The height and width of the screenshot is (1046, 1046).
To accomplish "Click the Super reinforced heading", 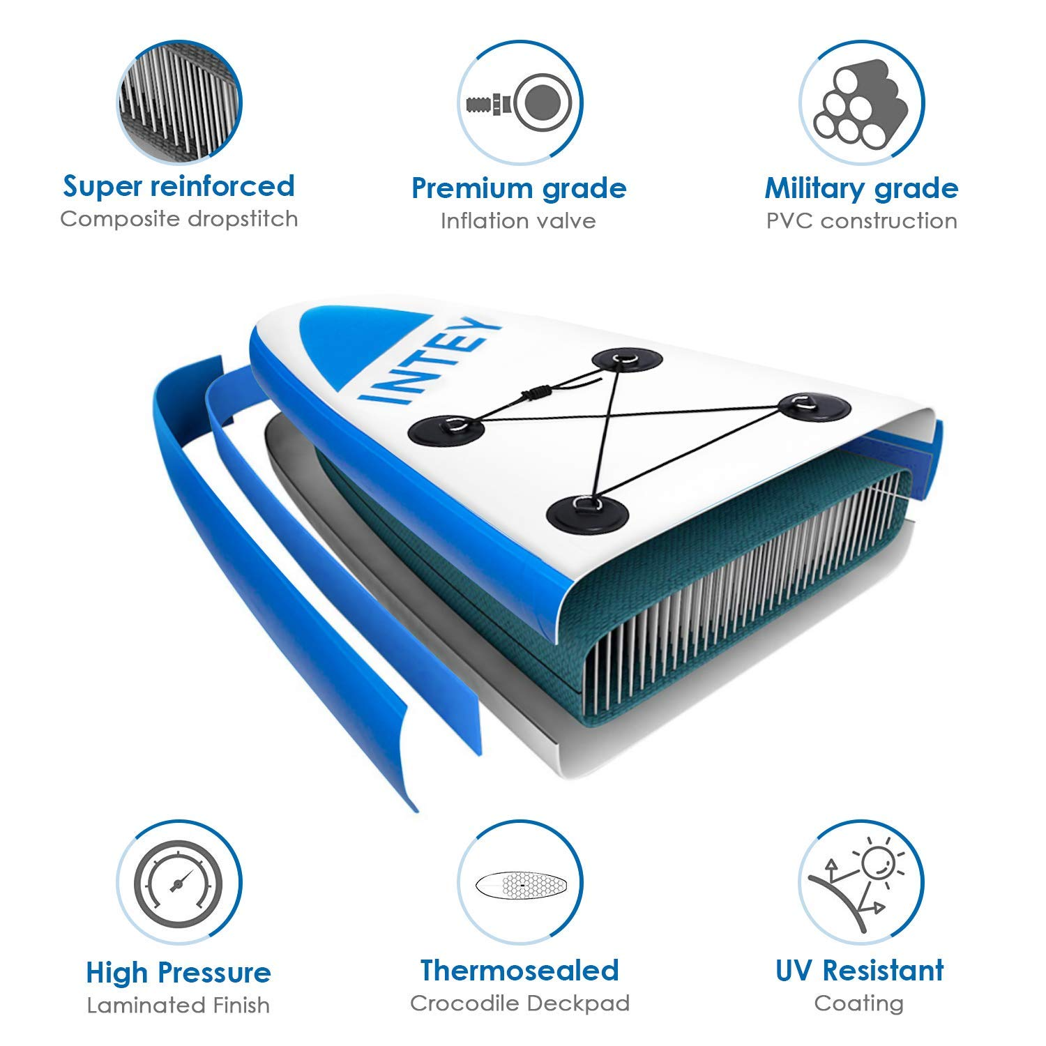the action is pyautogui.click(x=179, y=186).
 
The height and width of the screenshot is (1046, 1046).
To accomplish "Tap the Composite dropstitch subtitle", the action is pyautogui.click(x=179, y=219).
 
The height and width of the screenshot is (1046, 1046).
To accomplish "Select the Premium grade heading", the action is pyautogui.click(x=519, y=188).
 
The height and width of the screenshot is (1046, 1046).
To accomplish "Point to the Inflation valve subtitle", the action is pyautogui.click(x=518, y=221).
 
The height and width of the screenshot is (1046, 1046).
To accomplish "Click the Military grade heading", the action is pyautogui.click(x=861, y=188).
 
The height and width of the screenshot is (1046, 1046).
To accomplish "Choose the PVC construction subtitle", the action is pyautogui.click(x=861, y=221).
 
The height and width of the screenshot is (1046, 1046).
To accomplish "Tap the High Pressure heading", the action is pyautogui.click(x=179, y=973).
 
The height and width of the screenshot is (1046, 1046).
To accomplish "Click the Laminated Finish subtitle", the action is pyautogui.click(x=179, y=1005).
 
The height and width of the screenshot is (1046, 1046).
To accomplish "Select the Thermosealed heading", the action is pyautogui.click(x=520, y=970).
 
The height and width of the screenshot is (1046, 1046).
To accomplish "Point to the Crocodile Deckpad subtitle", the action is pyautogui.click(x=520, y=1003).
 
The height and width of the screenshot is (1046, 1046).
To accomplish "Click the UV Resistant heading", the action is pyautogui.click(x=860, y=970).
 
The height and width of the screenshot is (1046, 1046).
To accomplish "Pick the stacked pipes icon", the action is pyautogui.click(x=862, y=103).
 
